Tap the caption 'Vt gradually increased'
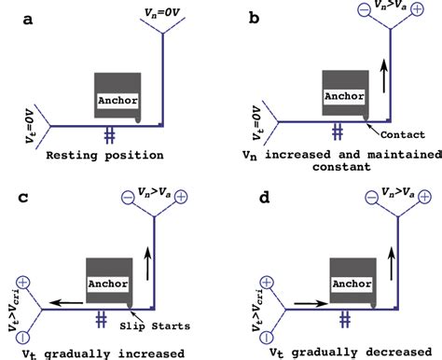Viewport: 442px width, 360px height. (102, 352)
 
